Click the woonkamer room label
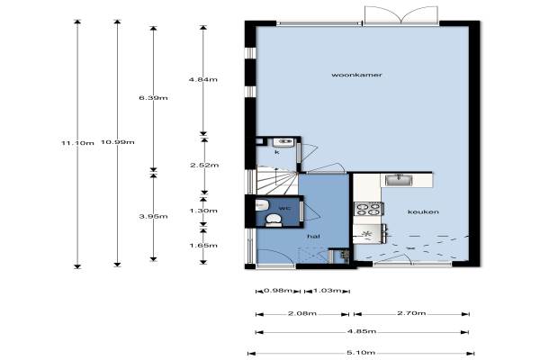tap(356, 75)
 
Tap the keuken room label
tap(423, 211)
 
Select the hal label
tap(313, 236)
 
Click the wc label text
tap(284, 208)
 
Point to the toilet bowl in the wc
tap(274, 220)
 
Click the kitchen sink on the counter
tap(399, 180)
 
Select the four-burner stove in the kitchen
tap(369, 209)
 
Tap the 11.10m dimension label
tap(77, 142)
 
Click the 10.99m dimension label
tap(117, 142)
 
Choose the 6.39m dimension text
tap(153, 98)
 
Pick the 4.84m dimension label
tap(202, 79)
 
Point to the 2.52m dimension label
tap(204, 165)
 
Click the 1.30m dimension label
tap(203, 211)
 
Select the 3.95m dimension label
tap(153, 216)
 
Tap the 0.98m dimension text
tap(278, 291)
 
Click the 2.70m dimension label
tap(411, 313)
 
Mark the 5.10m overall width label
tap(361, 353)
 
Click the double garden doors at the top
tap(401, 15)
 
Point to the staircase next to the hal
tap(277, 181)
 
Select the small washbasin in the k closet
tap(283, 141)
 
